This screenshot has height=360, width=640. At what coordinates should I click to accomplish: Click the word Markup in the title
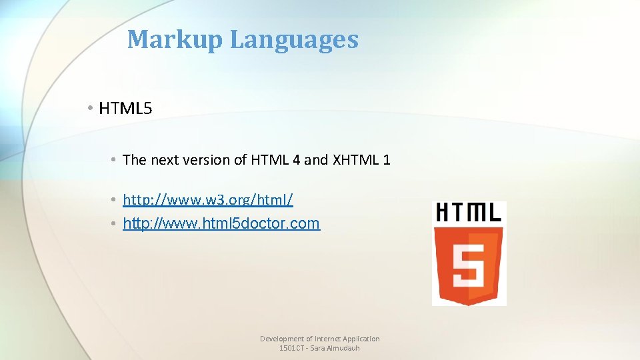pyautogui.click(x=175, y=39)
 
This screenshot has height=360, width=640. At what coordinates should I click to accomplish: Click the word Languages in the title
pyautogui.click(x=294, y=39)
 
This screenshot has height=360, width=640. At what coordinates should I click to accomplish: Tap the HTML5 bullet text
pyautogui.click(x=125, y=108)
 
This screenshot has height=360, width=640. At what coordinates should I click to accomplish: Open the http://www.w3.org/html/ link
pyautogui.click(x=208, y=199)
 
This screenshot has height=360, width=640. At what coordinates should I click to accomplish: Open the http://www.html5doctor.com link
pyautogui.click(x=221, y=223)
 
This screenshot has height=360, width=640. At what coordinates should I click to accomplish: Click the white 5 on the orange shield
pyautogui.click(x=469, y=265)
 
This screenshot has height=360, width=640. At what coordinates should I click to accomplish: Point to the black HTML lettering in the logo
pyautogui.click(x=469, y=213)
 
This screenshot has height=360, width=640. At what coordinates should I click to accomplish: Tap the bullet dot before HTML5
pyautogui.click(x=89, y=108)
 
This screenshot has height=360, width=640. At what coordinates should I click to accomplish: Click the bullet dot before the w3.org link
pyautogui.click(x=115, y=199)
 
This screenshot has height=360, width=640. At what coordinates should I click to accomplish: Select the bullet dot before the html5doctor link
pyautogui.click(x=115, y=223)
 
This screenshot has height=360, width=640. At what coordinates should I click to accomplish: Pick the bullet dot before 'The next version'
pyautogui.click(x=115, y=159)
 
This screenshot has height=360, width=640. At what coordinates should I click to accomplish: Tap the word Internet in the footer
pyautogui.click(x=327, y=339)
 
